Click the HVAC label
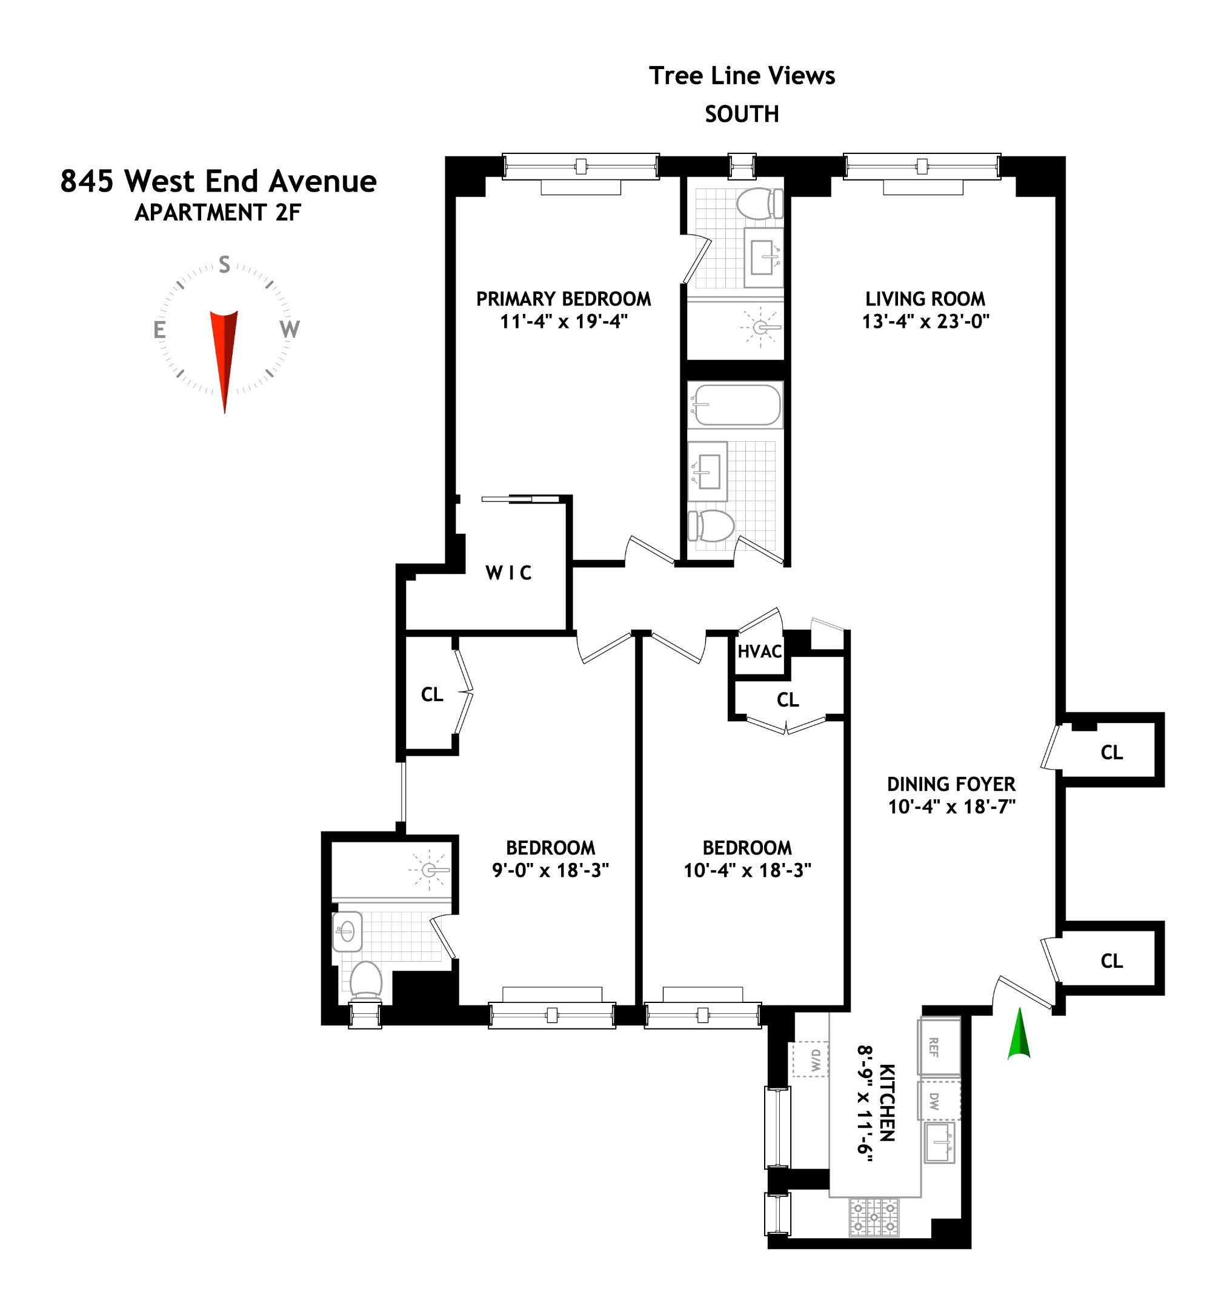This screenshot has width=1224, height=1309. (x=759, y=652)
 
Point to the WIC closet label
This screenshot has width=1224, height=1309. (x=508, y=573)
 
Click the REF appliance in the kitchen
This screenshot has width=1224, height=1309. (x=938, y=1047)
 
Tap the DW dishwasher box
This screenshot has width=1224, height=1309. (x=938, y=1101)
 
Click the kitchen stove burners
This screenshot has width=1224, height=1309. (x=874, y=1217)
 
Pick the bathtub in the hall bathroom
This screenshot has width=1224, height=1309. (x=736, y=405)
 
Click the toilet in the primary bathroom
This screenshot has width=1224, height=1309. (x=759, y=204)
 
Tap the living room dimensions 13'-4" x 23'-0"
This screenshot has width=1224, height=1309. (x=926, y=321)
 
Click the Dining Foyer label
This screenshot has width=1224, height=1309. (x=951, y=784)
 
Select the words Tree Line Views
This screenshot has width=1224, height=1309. (x=742, y=76)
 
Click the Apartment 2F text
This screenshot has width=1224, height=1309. (x=218, y=213)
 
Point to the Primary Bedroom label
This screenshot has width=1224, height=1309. (x=563, y=299)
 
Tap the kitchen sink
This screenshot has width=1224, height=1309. (x=938, y=1143)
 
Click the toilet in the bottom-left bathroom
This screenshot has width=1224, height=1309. (x=365, y=981)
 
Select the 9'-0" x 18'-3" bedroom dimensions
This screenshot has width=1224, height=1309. (x=550, y=870)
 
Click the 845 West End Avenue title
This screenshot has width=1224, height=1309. (x=218, y=181)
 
